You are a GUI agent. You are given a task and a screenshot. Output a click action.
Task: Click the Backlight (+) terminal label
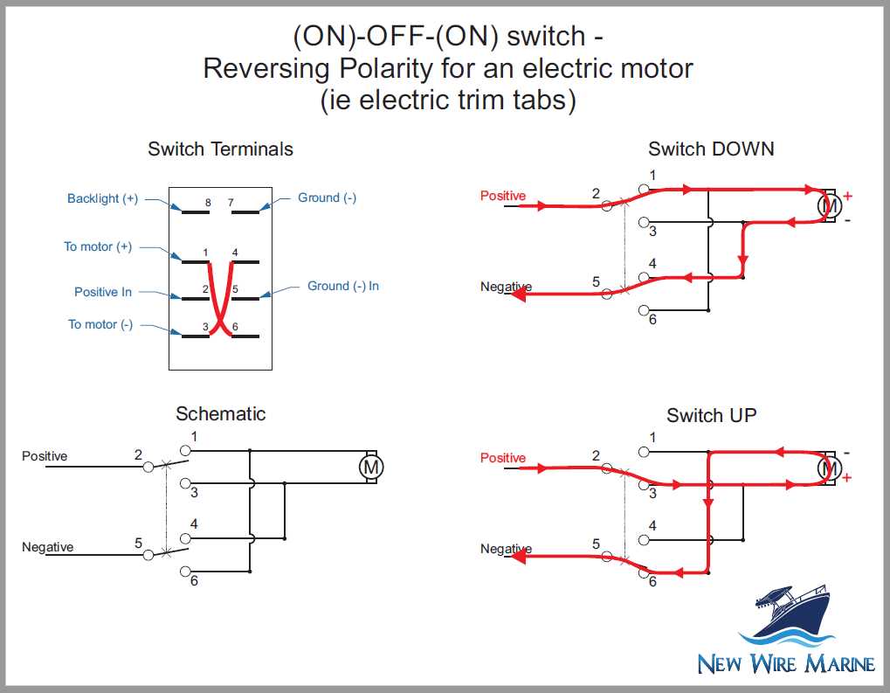click(102, 198)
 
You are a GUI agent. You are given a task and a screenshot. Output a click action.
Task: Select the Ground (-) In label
click(342, 286)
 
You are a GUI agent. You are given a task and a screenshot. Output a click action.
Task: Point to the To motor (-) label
click(100, 324)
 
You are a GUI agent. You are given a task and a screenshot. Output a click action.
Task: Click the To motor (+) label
click(98, 246)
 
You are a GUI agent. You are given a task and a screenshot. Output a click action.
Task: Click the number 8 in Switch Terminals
click(208, 203)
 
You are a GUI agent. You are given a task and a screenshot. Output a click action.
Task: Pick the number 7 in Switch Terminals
click(231, 203)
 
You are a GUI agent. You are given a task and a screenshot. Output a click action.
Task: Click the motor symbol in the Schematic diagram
click(371, 468)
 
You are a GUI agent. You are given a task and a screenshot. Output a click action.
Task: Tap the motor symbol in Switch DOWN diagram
click(828, 206)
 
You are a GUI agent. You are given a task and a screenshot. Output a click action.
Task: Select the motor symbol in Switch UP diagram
click(828, 469)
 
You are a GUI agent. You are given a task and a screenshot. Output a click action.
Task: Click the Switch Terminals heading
click(220, 149)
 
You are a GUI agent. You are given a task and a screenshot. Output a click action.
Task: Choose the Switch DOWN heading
click(711, 149)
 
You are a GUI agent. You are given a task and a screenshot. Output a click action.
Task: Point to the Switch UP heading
click(711, 415)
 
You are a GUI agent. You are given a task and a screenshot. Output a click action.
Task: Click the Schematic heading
click(220, 413)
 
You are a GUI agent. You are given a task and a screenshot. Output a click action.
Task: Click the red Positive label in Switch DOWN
click(503, 196)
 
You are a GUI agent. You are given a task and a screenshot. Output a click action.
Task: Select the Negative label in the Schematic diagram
click(47, 547)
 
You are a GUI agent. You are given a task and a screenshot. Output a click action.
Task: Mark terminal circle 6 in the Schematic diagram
click(185, 572)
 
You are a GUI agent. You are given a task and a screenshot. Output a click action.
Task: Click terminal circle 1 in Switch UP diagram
click(645, 451)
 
